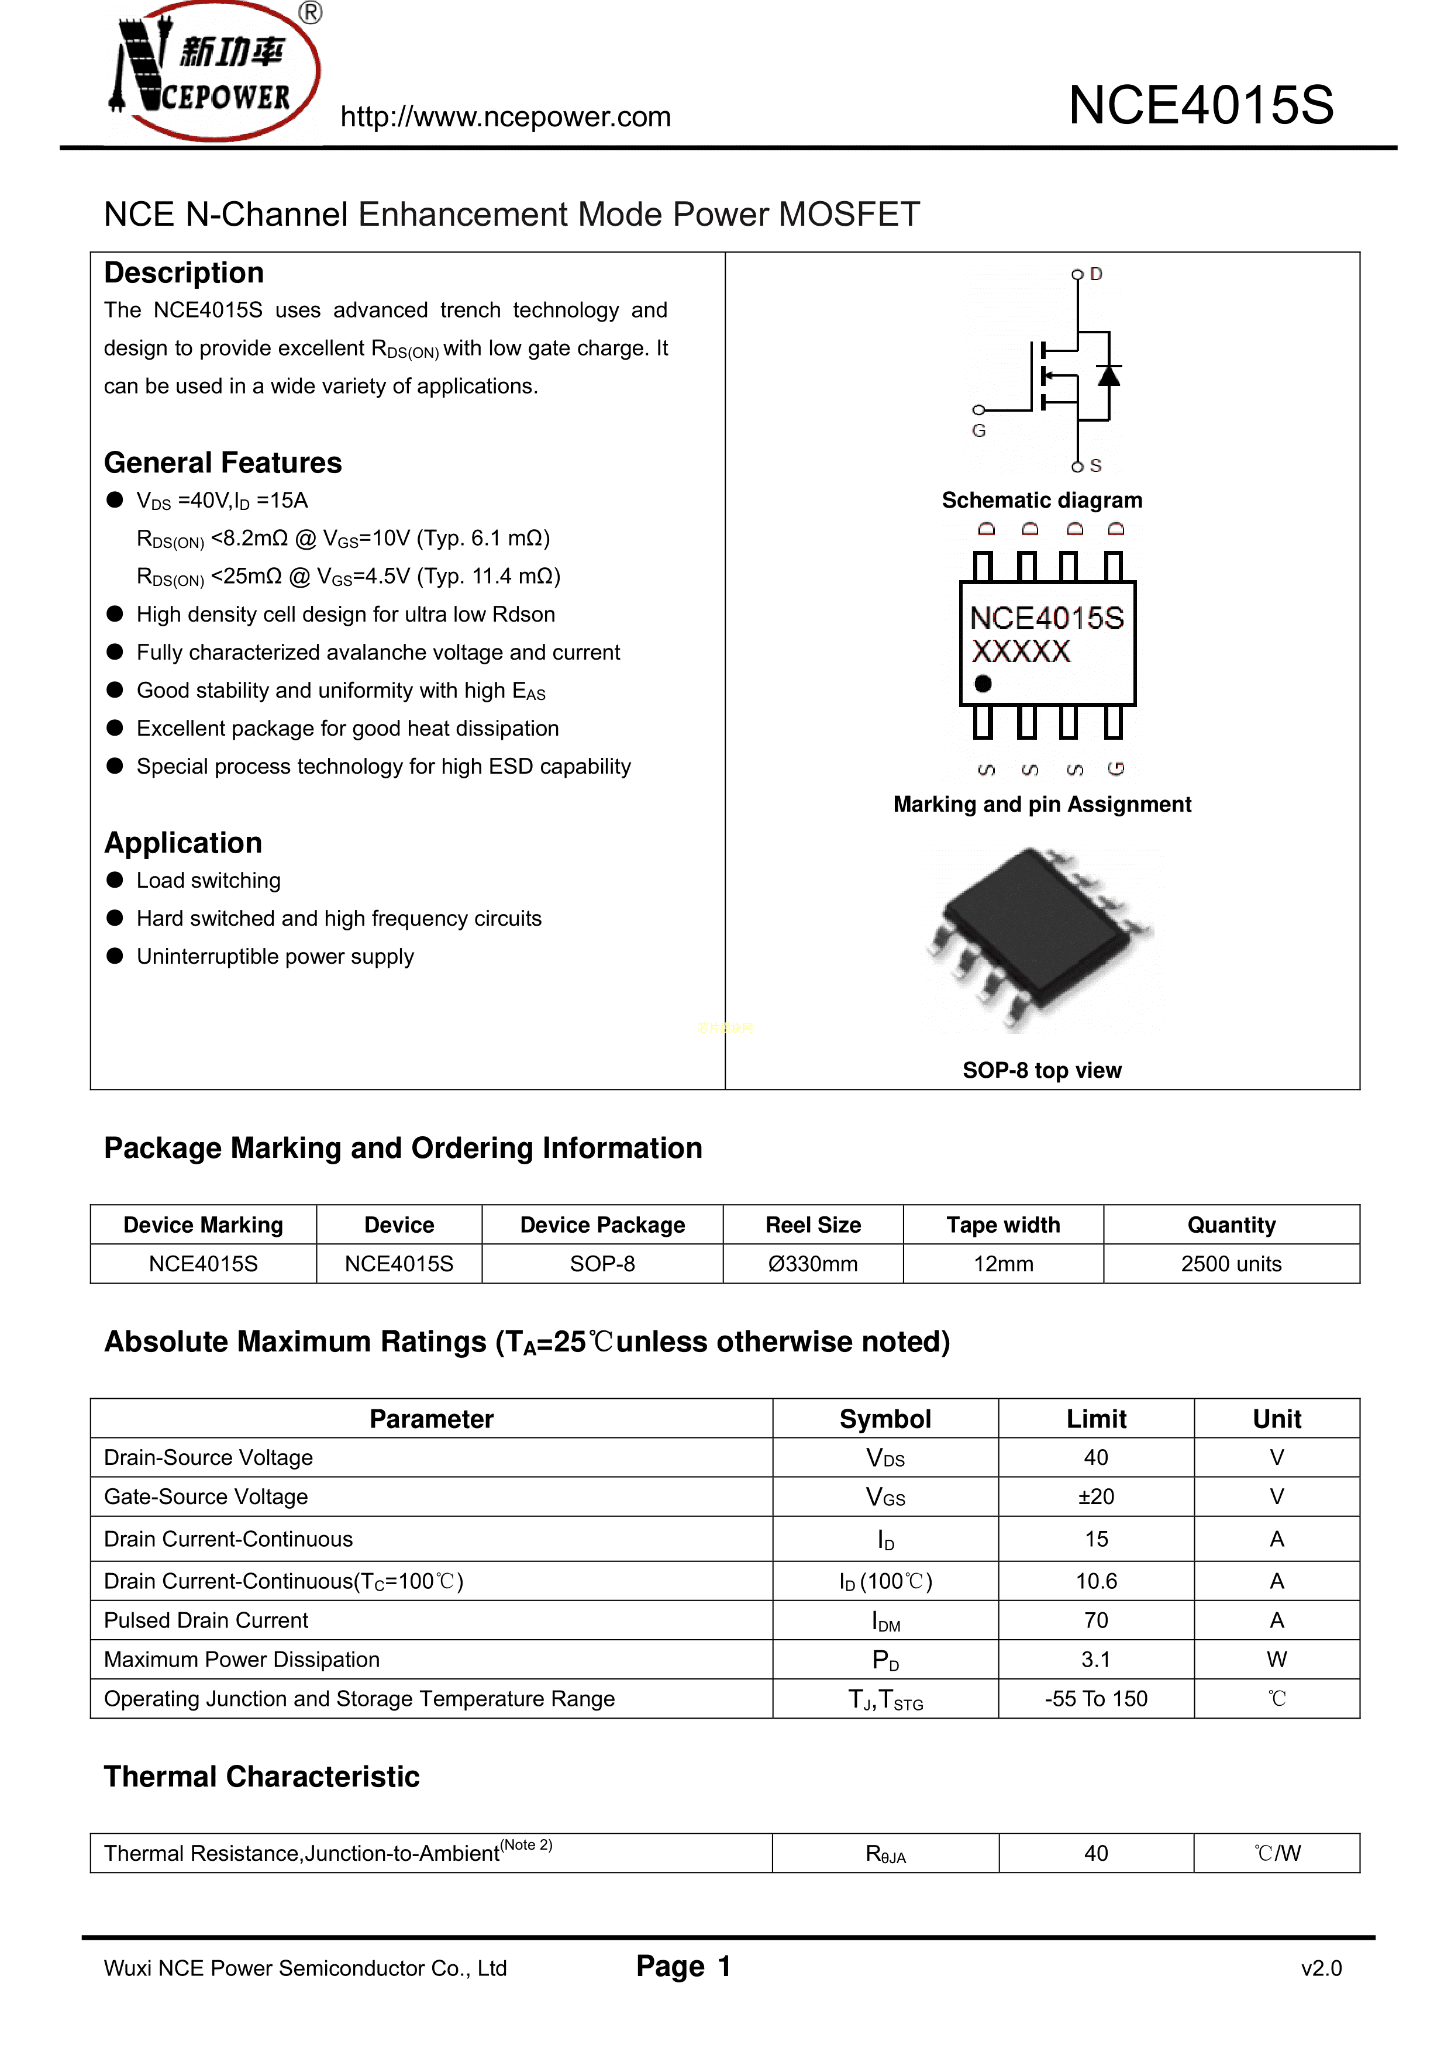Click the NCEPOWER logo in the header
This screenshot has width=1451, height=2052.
pos(215,71)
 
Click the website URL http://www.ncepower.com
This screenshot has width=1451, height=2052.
pos(505,117)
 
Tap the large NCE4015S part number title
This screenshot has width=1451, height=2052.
pos(1201,105)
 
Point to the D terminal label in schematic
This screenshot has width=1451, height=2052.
pos(1096,274)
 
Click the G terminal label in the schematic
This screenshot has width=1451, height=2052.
pos(979,431)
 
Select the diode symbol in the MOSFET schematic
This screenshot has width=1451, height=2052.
pos(1109,375)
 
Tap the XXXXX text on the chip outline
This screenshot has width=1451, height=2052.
pos(1021,651)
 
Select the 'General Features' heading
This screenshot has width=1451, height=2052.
pos(223,463)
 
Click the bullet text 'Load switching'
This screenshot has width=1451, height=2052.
pos(208,880)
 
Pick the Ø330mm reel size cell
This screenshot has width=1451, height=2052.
pos(813,1264)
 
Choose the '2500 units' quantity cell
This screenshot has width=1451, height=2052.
pos(1231,1264)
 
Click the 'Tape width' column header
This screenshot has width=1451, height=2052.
pos(1003,1225)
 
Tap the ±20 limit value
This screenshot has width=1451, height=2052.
pos(1096,1497)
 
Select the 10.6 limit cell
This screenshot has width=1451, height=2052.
pos(1096,1581)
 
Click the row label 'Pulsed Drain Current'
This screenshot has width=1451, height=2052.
pos(206,1620)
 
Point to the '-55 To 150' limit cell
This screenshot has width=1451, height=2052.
pos(1096,1699)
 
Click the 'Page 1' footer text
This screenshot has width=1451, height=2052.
pos(684,1966)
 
